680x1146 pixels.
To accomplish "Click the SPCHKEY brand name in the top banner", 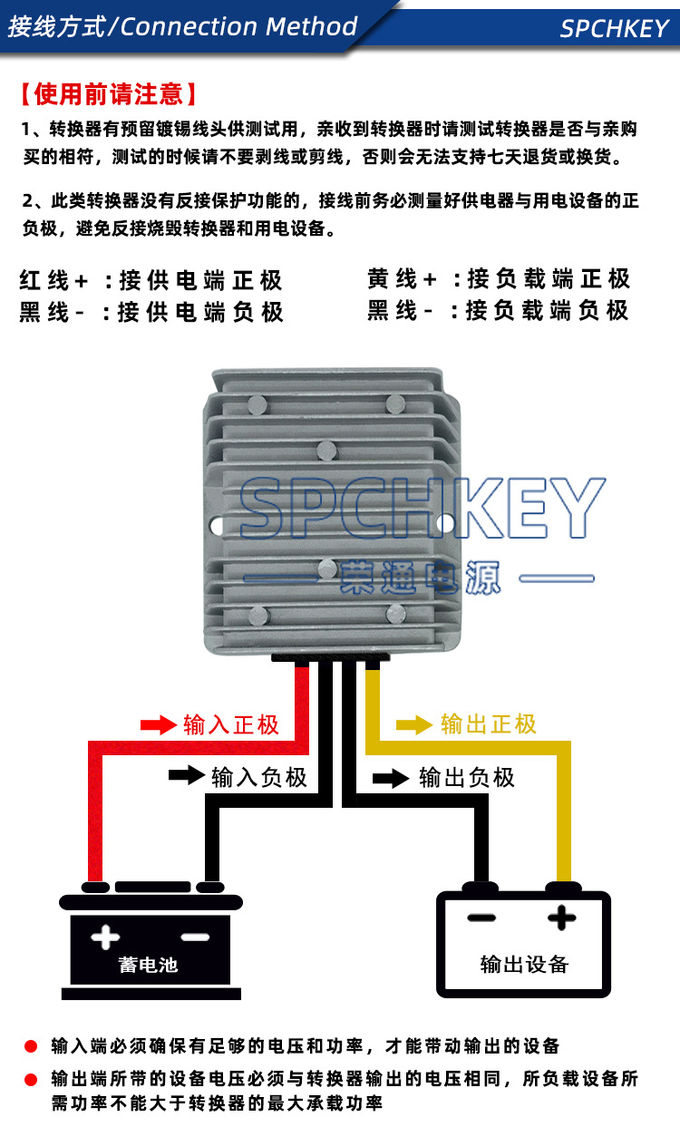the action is pyautogui.click(x=614, y=28).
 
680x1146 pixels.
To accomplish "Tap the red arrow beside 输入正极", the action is pyautogui.click(x=157, y=724).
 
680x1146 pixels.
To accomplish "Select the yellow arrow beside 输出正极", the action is pyautogui.click(x=414, y=724).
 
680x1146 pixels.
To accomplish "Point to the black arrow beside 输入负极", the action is pyautogui.click(x=186, y=775).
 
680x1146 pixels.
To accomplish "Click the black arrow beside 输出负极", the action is pyautogui.click(x=391, y=777).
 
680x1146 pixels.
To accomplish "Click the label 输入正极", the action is pyautogui.click(x=231, y=725).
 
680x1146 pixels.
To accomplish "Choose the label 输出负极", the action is pyautogui.click(x=466, y=778).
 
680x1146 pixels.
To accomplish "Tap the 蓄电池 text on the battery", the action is pyautogui.click(x=148, y=964).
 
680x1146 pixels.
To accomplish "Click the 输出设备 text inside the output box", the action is pyautogui.click(x=524, y=964).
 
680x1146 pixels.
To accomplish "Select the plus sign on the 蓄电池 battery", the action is pyautogui.click(x=106, y=936).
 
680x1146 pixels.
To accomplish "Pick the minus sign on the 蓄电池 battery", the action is pyautogui.click(x=195, y=936).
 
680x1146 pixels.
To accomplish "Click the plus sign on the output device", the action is pyautogui.click(x=562, y=918).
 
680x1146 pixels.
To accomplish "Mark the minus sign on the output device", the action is pyautogui.click(x=481, y=918).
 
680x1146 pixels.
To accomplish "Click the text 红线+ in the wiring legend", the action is pyautogui.click(x=54, y=279).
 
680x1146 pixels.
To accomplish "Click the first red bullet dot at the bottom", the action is pyautogui.click(x=30, y=1046).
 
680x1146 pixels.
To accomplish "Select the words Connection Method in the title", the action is pyautogui.click(x=239, y=26).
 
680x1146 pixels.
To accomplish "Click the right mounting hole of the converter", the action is pyautogui.click(x=443, y=523).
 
